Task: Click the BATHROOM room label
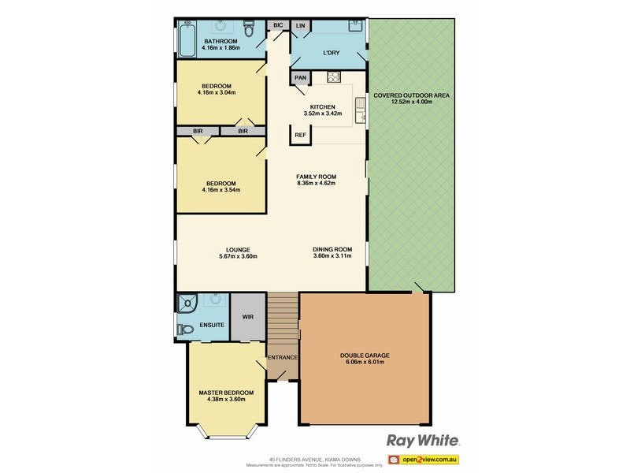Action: pos(220,41)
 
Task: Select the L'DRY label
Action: pos(331,54)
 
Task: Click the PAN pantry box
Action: pos(300,78)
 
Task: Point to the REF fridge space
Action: pos(300,136)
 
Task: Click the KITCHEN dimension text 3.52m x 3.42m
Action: pos(323,114)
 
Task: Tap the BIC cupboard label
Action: pos(278,25)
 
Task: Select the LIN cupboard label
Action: pos(300,25)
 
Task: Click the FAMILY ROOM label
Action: pos(316,177)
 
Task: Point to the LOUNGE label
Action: pos(238,250)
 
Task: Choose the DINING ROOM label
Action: pos(332,250)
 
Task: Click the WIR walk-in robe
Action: pos(248,317)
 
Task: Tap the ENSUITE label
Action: pos(211,325)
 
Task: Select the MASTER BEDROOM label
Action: pos(226,393)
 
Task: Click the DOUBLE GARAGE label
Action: pos(365,356)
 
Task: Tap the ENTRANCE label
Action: pos(282,358)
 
